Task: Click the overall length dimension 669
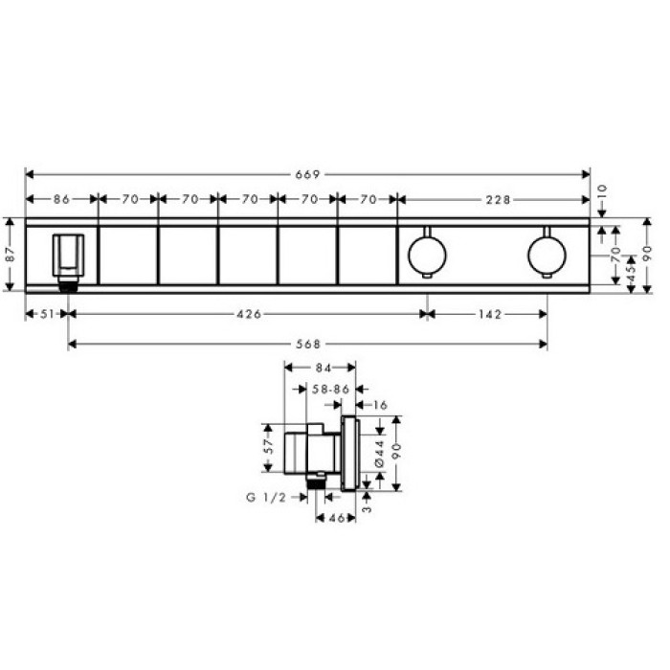click(x=307, y=174)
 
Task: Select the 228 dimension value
click(x=497, y=200)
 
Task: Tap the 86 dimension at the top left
click(x=61, y=200)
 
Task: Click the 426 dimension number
click(x=247, y=314)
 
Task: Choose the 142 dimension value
click(x=486, y=314)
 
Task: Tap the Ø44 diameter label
click(x=379, y=450)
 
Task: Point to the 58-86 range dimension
click(x=329, y=389)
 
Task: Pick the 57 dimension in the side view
click(x=270, y=446)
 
